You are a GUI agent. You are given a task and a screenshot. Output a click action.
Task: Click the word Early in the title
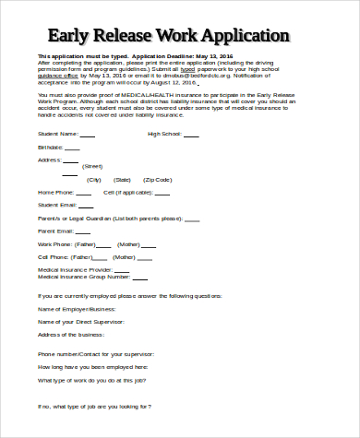tap(72, 37)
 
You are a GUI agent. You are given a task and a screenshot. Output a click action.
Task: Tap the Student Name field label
tap(57, 134)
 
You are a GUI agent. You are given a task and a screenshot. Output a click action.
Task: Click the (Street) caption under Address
tap(120, 165)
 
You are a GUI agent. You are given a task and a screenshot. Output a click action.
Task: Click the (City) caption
tap(94, 180)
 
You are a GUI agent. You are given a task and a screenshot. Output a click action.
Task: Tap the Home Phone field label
tap(54, 192)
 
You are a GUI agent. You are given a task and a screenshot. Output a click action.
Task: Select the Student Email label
tap(55, 205)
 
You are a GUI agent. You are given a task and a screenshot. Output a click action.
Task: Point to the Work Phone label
tap(54, 243)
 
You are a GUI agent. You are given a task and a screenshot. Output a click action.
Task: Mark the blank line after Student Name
tap(88, 135)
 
